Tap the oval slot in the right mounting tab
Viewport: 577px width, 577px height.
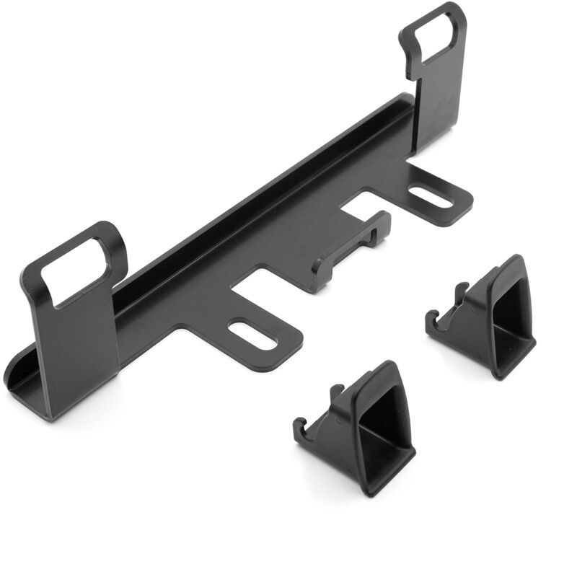click(431, 195)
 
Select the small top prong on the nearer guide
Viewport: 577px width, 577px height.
click(335, 392)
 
